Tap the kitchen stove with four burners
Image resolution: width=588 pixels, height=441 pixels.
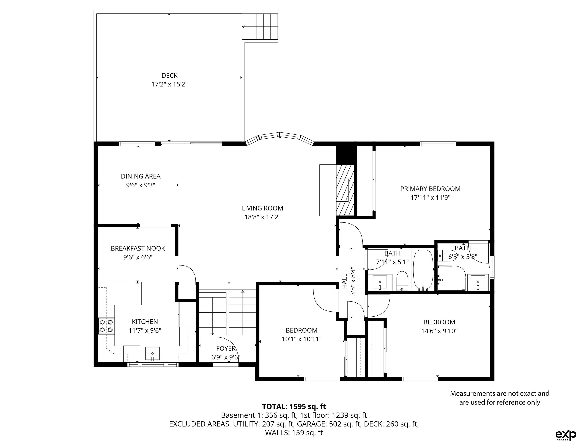pos(106,326)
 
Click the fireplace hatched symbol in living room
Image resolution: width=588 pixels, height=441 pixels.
pos(345,190)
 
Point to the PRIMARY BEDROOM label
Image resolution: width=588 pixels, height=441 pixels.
pos(430,189)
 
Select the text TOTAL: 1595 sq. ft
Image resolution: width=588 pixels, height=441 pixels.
pos(294,407)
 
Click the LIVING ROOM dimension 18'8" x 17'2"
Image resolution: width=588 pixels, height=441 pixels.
pos(263,217)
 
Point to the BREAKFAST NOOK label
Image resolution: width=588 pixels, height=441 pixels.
pos(138,248)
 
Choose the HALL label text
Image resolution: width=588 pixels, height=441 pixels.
pos(344,281)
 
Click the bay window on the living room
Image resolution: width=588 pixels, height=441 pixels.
pos(280,138)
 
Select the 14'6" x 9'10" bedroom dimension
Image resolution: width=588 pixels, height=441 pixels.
pos(439,331)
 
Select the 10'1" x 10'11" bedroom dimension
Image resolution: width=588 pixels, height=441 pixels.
pos(302,339)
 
